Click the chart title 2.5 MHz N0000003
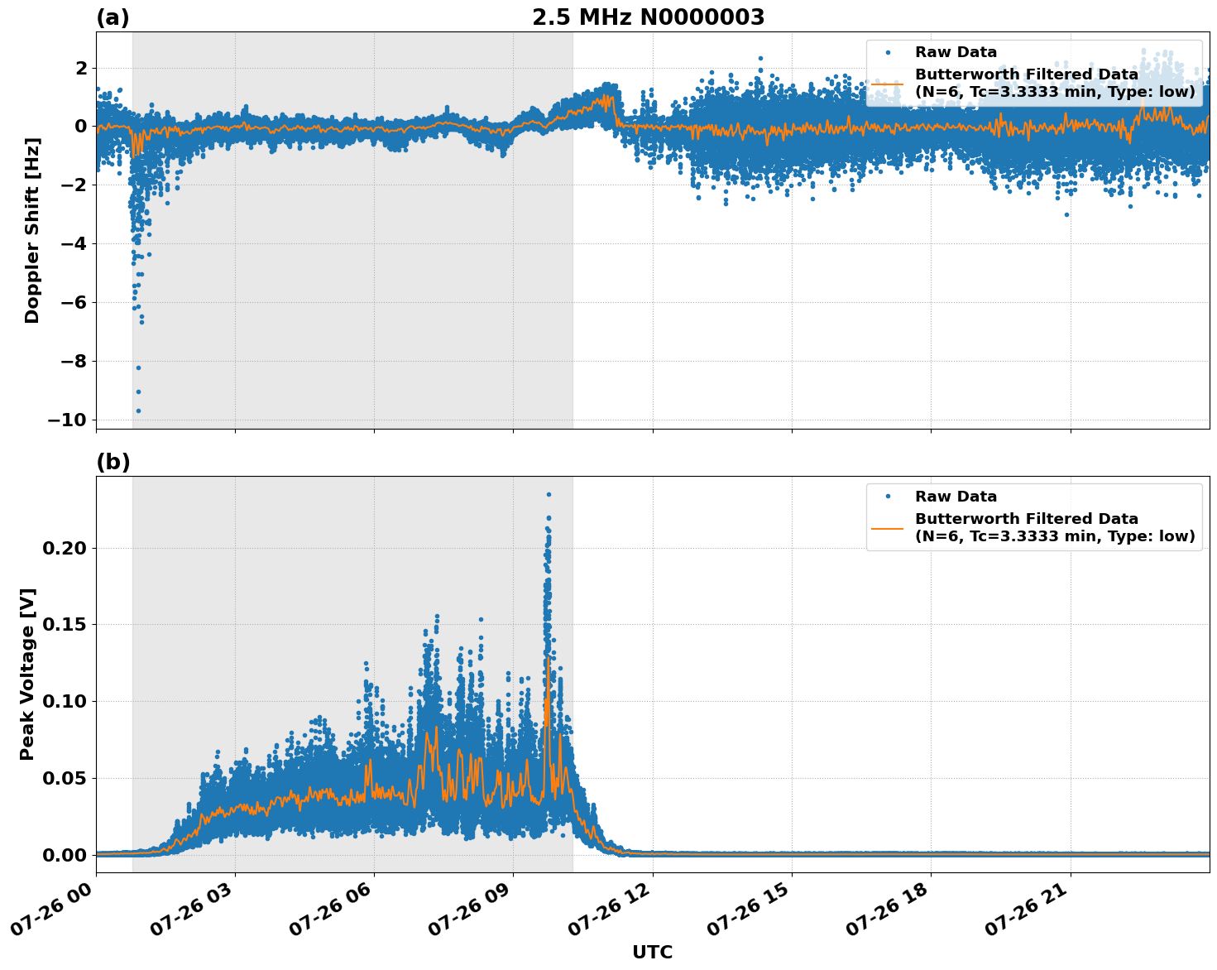tap(648, 17)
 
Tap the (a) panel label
tap(113, 17)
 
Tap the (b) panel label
tap(113, 462)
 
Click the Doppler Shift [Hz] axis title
tap(32, 230)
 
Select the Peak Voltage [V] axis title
tap(28, 674)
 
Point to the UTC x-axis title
tap(652, 952)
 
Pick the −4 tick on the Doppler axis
tap(74, 243)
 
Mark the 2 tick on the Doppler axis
tap(81, 68)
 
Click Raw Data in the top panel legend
tap(956, 52)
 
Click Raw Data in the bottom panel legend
tap(956, 497)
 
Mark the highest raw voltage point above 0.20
tap(548, 495)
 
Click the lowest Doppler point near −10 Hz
tap(138, 411)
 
